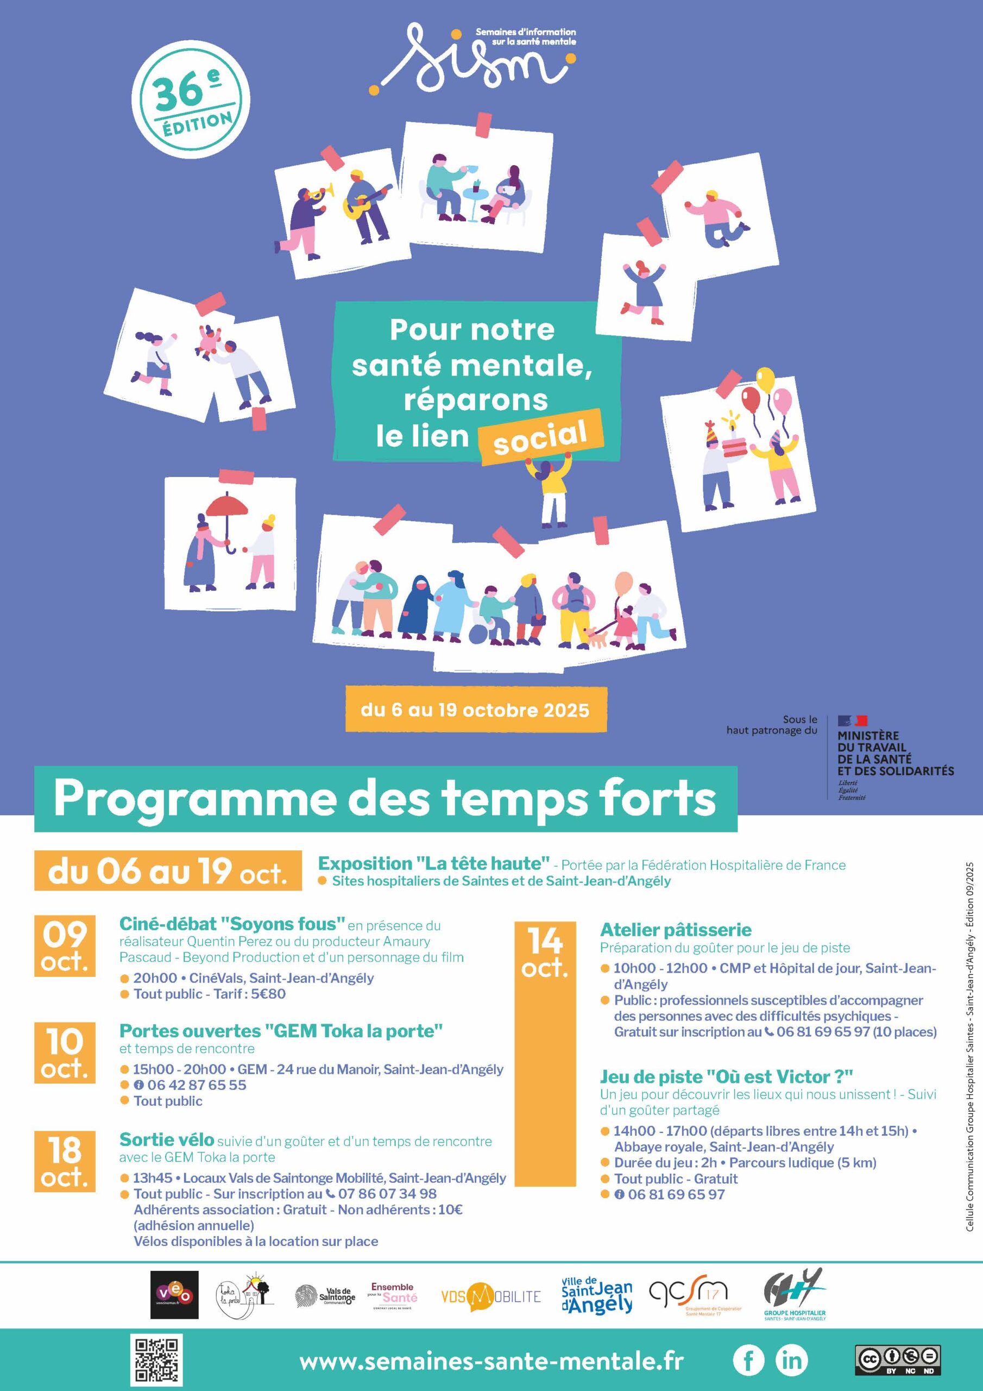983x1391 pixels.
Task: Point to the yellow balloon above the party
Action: (765, 380)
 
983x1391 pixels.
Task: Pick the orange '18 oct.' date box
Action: (65, 1161)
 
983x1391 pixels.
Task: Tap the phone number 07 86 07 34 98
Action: (387, 1194)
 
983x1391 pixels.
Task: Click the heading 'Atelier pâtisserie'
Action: (675, 930)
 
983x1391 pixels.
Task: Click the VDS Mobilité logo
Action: (490, 1296)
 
